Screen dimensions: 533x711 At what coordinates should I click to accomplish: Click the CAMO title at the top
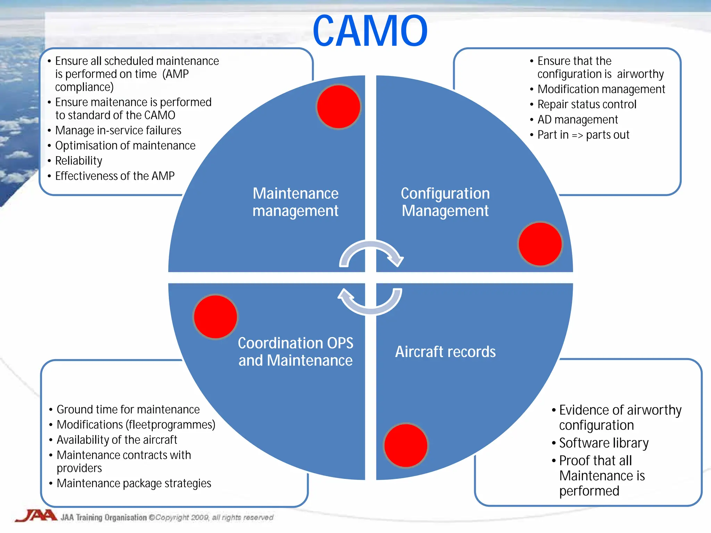(x=370, y=31)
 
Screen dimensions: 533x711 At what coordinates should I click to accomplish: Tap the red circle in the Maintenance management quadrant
(x=338, y=107)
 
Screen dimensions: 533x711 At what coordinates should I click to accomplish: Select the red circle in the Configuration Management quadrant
(x=540, y=244)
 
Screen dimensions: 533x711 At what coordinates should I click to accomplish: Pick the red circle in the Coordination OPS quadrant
(x=216, y=316)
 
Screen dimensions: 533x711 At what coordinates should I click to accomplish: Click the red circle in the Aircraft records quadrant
(x=406, y=445)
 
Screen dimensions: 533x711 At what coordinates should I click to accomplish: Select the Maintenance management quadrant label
(x=295, y=202)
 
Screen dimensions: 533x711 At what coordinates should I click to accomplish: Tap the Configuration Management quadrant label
(x=445, y=202)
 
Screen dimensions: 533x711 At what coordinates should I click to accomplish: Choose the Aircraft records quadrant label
(x=445, y=352)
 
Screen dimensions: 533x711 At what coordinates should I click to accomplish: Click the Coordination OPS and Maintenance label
(x=295, y=352)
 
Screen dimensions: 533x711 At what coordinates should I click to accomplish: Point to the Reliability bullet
(x=78, y=161)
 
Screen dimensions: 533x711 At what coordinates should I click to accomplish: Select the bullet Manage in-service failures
(x=118, y=130)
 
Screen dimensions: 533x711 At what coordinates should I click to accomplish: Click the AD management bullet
(x=577, y=120)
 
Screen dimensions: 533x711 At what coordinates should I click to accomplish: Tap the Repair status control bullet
(x=587, y=104)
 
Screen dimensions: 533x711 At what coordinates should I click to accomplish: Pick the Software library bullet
(x=603, y=443)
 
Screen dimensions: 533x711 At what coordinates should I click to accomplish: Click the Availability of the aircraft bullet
(x=117, y=440)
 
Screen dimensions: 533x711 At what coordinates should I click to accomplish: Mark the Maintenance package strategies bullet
(x=134, y=483)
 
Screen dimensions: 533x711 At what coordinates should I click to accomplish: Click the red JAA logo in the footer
(x=36, y=516)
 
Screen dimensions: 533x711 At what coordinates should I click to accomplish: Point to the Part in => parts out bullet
(x=583, y=135)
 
